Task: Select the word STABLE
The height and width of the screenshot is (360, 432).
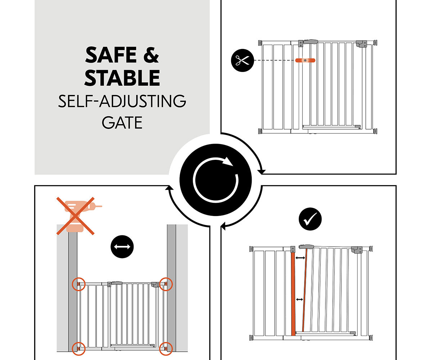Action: point(122,78)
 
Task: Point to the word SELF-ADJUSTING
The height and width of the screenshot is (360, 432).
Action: point(122,101)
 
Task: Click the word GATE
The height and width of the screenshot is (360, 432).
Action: point(122,123)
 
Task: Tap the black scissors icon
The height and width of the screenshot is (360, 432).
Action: point(243,60)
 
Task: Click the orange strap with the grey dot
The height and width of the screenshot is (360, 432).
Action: point(305,60)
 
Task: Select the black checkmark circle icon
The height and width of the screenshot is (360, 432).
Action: point(310,219)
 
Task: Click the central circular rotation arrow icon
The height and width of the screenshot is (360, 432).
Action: point(216,180)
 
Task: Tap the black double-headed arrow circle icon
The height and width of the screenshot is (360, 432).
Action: point(122,247)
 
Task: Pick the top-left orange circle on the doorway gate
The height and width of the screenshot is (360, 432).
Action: point(78,284)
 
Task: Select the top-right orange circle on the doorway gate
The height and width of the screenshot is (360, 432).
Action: point(166,284)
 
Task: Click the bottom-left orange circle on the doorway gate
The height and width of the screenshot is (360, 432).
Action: point(78,348)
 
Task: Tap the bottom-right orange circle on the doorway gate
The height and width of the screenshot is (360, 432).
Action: point(166,348)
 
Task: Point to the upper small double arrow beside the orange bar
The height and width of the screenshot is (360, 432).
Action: point(300,258)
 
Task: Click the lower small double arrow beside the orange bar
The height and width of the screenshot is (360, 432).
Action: point(300,300)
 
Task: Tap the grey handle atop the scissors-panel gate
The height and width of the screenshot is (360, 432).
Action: point(310,42)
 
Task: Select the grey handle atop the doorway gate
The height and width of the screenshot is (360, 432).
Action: point(117,283)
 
